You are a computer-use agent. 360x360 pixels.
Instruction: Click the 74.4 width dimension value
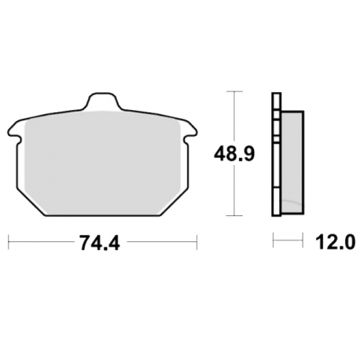pos(100,243)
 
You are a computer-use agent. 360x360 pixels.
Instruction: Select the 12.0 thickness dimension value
pos(336,242)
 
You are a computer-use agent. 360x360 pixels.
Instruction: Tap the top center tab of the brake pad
pos(102,101)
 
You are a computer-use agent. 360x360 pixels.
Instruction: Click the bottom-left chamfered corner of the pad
pos(31,202)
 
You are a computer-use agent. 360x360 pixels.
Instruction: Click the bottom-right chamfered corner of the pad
pos(174,202)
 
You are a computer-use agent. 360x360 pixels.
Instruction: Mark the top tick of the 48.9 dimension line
pos(234,91)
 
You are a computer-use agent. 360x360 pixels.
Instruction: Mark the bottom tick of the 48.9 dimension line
pos(234,215)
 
